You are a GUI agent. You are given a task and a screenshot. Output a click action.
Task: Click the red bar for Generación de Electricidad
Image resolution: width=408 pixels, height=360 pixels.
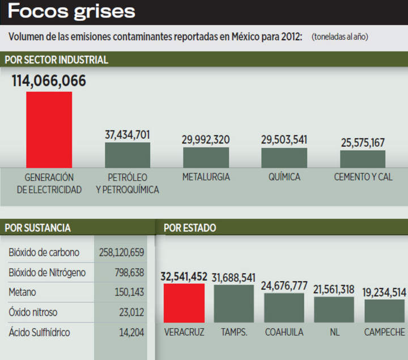pos(49,129)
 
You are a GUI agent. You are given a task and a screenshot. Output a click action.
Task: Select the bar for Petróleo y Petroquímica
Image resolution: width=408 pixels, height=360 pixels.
pos(127,155)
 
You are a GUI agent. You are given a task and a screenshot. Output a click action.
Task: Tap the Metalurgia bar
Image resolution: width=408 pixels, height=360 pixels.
pos(206,157)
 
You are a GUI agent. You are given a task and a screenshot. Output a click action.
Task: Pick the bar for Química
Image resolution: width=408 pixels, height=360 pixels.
pos(284,157)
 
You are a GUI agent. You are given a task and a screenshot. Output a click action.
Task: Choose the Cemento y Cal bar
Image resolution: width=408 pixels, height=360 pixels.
pos(363,158)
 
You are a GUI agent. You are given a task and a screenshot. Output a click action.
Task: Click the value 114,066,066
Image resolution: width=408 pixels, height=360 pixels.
pos(49,81)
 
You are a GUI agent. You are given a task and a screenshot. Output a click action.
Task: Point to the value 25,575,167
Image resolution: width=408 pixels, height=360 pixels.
pos(363,142)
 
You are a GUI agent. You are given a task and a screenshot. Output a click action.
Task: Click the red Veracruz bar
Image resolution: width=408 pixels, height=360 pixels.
pos(184,303)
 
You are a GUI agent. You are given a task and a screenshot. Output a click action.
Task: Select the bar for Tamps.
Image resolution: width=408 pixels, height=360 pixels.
pos(234,303)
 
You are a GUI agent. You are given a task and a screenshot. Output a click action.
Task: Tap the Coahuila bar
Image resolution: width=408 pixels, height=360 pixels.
pos(284,307)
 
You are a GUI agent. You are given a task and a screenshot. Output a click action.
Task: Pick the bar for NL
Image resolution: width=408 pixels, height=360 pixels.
pos(334,309)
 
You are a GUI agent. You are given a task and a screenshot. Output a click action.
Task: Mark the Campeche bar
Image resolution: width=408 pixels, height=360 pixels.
pos(384,311)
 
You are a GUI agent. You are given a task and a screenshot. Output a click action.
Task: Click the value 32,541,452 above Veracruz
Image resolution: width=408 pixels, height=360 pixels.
pos(184,277)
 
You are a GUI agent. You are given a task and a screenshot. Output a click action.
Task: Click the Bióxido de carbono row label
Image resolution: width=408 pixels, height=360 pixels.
pos(44,252)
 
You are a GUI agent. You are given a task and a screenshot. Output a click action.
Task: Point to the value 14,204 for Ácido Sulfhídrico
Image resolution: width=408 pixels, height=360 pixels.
pos(131,332)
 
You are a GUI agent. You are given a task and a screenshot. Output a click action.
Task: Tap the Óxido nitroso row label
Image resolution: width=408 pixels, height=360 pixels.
pos(33,312)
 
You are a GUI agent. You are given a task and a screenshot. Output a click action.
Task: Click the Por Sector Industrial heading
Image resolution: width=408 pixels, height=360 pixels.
pos(56,60)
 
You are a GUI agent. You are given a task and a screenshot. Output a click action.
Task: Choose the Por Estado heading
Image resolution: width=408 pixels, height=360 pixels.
pos(190,228)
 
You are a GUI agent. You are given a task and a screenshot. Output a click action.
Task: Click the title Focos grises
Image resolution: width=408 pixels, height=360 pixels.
pos(71,11)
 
